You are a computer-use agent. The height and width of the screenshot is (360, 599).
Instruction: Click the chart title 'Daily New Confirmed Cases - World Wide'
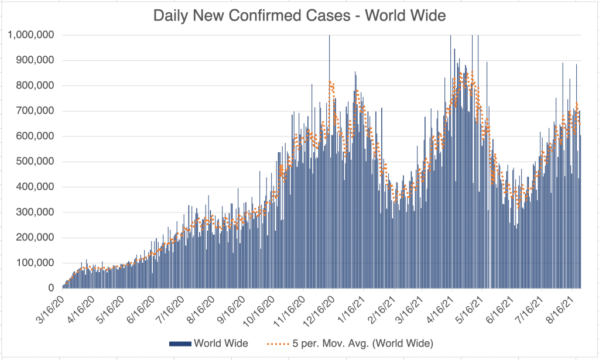click(x=299, y=16)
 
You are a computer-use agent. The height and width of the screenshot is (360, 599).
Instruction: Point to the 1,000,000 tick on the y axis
click(x=31, y=35)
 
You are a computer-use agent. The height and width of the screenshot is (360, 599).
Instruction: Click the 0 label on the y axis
click(x=51, y=288)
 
